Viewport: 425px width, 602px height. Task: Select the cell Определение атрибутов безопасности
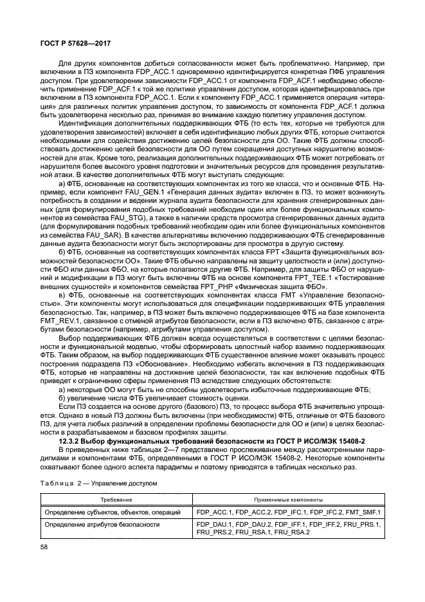101,525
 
